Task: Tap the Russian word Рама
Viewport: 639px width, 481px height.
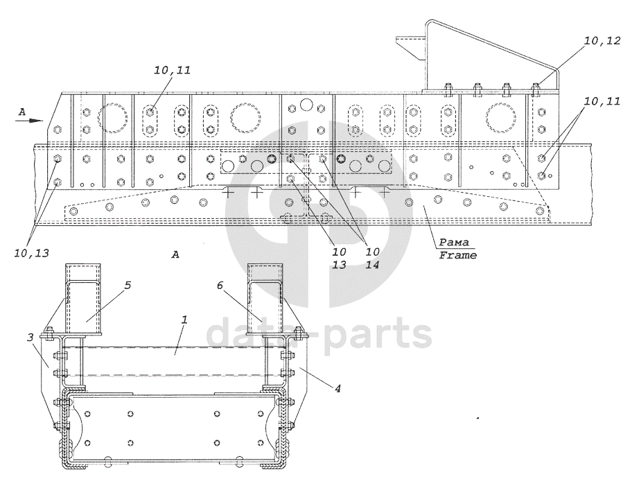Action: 456,243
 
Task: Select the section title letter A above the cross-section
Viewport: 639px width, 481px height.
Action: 175,256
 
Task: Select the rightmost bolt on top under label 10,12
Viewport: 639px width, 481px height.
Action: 536,89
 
